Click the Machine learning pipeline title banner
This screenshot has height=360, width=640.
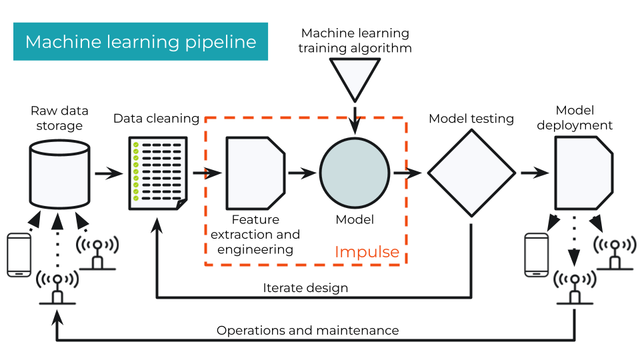click(x=141, y=42)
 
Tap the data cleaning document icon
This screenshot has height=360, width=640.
click(x=158, y=173)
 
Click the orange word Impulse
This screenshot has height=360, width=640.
click(x=367, y=252)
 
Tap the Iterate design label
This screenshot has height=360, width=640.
click(x=305, y=288)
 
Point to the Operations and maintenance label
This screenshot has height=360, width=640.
click(x=308, y=331)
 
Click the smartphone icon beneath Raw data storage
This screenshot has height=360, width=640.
click(x=18, y=254)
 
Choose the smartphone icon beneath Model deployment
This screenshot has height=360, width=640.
click(x=537, y=254)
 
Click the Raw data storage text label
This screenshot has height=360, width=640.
click(x=60, y=118)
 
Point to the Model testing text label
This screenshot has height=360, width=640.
click(x=471, y=119)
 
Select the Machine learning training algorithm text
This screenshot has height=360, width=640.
click(x=355, y=40)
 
